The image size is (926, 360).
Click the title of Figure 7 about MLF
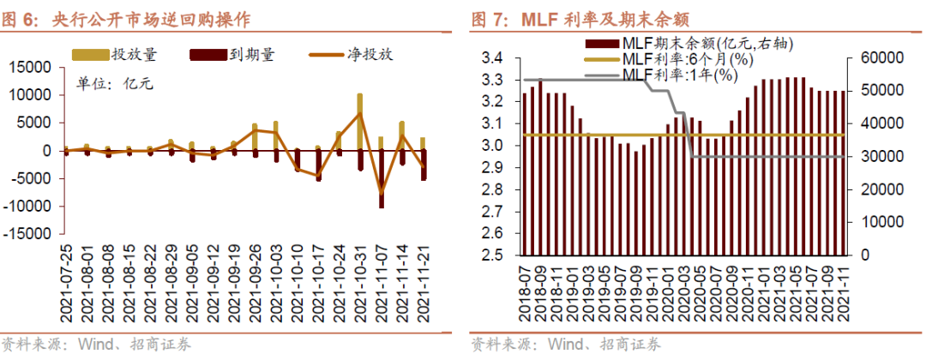582,18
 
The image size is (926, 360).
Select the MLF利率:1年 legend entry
660,75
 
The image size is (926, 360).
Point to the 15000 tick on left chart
31,67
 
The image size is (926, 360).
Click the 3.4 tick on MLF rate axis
492,58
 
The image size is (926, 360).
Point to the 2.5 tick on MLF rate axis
492,255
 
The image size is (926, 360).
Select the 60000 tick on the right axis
875,58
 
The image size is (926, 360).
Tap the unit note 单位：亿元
113,84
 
